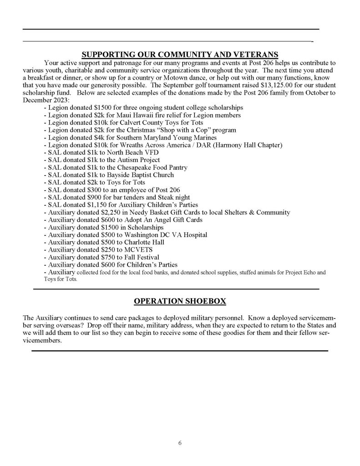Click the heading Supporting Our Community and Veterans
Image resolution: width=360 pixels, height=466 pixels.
(x=180, y=55)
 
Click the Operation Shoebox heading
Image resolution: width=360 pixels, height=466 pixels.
(x=180, y=301)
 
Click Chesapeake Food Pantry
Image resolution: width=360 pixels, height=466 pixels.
(x=149, y=167)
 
